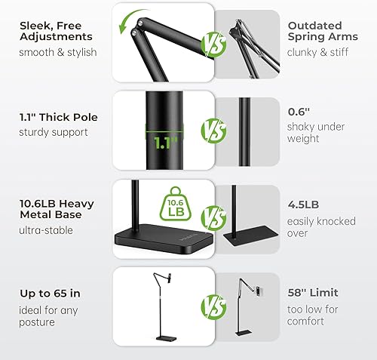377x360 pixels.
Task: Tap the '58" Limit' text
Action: [x=313, y=292]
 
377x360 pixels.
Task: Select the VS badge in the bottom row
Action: [x=213, y=306]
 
